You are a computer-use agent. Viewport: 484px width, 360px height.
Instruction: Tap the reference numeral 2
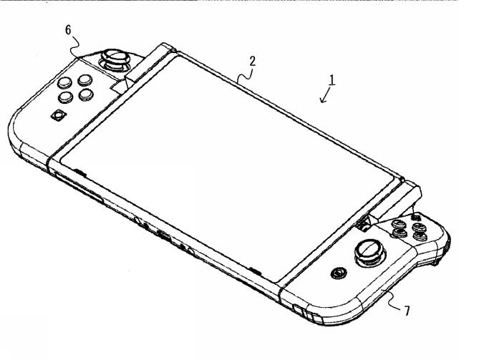251,62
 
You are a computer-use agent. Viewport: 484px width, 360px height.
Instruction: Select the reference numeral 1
331,81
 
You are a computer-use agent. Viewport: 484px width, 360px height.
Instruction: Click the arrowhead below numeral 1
324,101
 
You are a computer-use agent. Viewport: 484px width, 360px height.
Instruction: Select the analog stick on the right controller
369,250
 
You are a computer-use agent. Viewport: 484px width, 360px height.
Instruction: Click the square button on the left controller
57,115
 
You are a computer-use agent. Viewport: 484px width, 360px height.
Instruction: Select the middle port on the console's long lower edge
164,237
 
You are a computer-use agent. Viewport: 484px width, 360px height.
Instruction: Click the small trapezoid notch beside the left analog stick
119,85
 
